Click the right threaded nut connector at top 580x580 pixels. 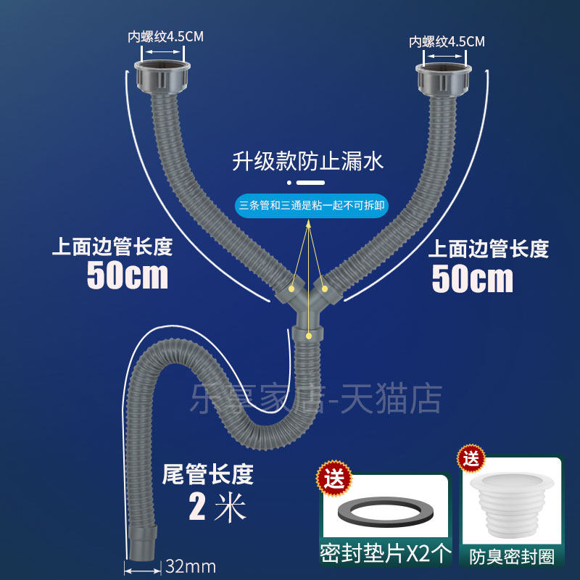pos(444,78)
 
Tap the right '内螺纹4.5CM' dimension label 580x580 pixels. pos(447,41)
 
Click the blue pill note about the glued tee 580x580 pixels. pos(312,205)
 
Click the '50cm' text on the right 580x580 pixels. pos(472,278)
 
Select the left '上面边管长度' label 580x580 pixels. pos(112,247)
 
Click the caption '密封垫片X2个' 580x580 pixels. pos(384,555)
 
